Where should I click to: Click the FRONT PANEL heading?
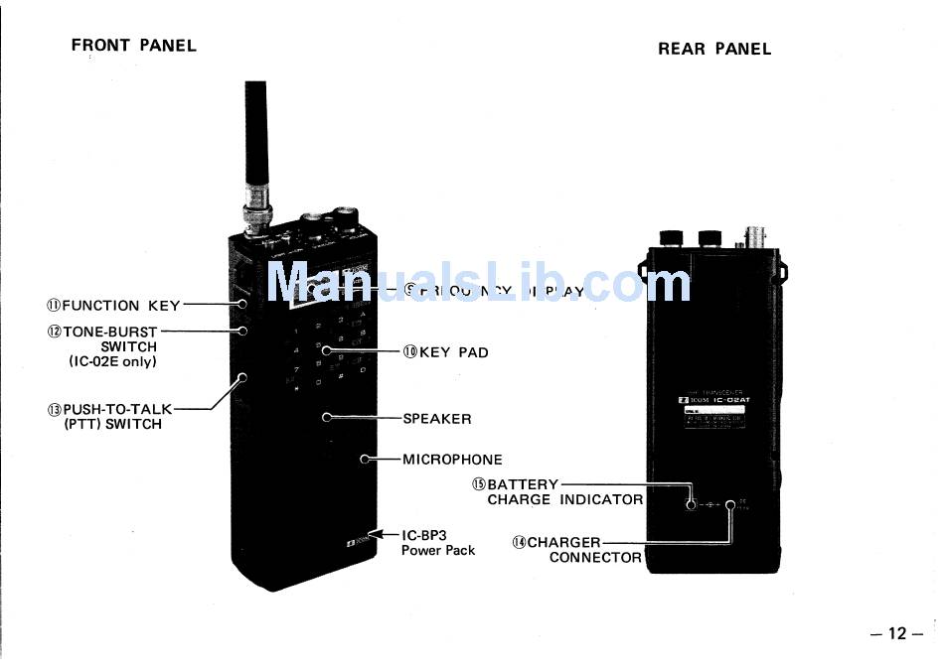134,46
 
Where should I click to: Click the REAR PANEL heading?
713,49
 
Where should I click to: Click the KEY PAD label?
454,351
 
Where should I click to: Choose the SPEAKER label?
437,418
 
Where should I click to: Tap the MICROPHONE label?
452,460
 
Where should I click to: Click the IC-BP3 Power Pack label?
438,542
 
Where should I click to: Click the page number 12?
896,634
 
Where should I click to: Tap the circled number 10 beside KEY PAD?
409,351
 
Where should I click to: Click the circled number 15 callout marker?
478,484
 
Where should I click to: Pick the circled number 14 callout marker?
518,543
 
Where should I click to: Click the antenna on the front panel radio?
255,139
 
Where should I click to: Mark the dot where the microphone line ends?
366,460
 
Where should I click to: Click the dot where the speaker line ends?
326,418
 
